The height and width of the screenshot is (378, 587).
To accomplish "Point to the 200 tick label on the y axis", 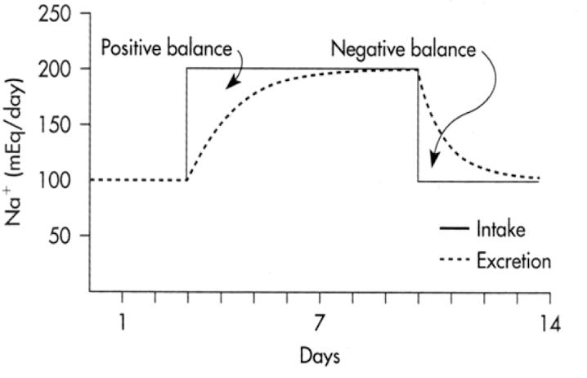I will [x=54, y=69].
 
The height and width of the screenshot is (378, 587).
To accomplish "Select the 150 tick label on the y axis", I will [x=54, y=125].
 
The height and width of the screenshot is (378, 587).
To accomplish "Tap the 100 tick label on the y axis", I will [x=54, y=180].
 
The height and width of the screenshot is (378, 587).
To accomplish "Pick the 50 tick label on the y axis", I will [x=59, y=236].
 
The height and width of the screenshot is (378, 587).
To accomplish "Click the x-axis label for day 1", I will [x=122, y=322].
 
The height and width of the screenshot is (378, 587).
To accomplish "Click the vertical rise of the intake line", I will [x=187, y=123].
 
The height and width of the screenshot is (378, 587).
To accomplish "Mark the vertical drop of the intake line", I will [x=418, y=123].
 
